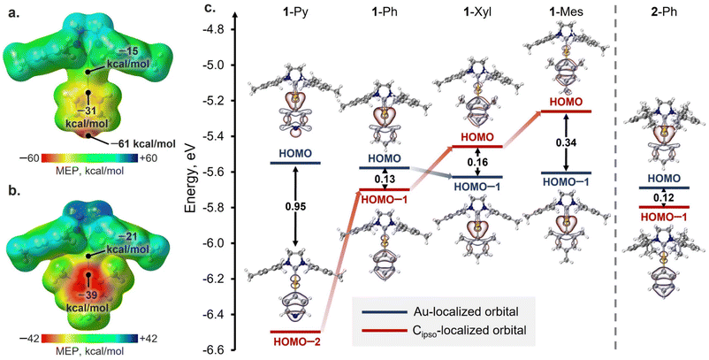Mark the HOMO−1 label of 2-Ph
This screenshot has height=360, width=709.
(655, 217)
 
